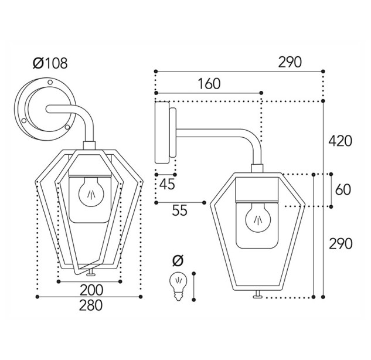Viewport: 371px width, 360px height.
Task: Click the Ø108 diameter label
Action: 50,63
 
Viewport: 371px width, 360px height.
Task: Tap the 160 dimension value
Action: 209,83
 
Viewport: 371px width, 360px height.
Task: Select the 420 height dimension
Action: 341,141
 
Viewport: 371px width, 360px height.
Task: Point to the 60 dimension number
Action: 343,189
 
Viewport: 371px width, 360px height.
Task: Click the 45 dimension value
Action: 167,184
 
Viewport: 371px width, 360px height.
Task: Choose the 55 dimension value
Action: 179,210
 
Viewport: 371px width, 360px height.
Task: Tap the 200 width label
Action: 91,290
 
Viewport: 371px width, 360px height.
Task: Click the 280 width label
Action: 91,305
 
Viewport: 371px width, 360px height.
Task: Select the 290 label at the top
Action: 290,62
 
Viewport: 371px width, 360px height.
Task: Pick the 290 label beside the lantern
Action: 341,243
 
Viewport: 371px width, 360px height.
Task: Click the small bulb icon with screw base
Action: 178,286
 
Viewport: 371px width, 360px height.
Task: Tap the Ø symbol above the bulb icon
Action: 178,260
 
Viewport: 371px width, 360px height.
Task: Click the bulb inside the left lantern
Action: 91,192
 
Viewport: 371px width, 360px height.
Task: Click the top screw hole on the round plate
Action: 50,82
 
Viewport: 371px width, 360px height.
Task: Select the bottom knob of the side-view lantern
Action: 257,295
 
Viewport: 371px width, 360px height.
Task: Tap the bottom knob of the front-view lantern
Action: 90,273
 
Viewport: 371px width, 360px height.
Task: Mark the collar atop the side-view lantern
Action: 257,168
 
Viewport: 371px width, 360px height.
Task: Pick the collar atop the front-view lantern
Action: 89,145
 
